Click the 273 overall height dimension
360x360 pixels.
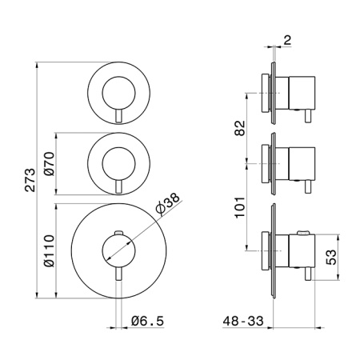point(30,180)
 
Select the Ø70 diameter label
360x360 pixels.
point(50,164)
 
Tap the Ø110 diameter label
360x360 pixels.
point(50,250)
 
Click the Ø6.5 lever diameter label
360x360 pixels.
point(147,321)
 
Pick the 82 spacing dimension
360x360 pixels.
point(240,128)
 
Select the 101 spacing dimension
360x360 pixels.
point(240,207)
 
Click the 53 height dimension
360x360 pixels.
point(331,257)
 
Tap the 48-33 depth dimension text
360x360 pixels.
point(243,321)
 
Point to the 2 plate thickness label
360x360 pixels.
point(287,40)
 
